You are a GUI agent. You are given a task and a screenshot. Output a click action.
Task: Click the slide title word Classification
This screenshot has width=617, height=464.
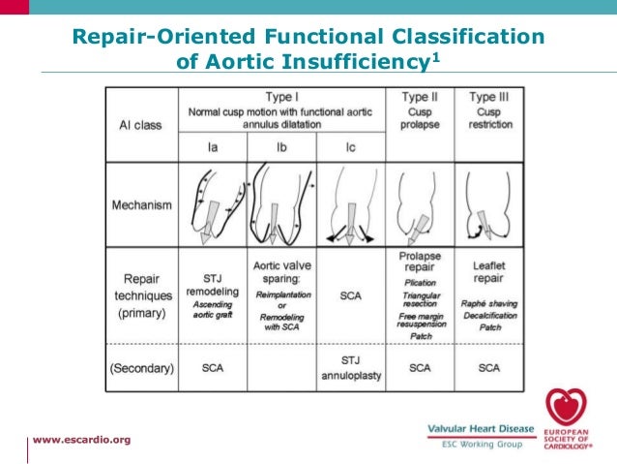(461, 38)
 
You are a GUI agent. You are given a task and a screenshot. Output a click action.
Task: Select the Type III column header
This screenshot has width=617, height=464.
(488, 98)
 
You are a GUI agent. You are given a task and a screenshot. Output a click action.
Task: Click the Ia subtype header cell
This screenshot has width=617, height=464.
(213, 147)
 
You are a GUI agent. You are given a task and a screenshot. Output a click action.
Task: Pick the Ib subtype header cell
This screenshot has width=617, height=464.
(281, 147)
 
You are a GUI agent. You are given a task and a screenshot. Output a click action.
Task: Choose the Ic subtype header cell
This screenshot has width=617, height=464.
(350, 147)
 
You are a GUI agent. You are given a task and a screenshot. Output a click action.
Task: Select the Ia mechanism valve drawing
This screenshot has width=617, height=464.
(213, 205)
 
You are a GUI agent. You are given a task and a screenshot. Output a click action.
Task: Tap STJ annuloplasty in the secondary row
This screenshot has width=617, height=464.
(350, 367)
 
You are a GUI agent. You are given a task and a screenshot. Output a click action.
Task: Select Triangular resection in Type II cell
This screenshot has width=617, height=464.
(419, 300)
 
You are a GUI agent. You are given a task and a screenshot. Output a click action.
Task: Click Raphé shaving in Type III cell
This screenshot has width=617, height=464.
(488, 303)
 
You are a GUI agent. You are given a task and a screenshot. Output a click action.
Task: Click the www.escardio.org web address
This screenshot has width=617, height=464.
(81, 440)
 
